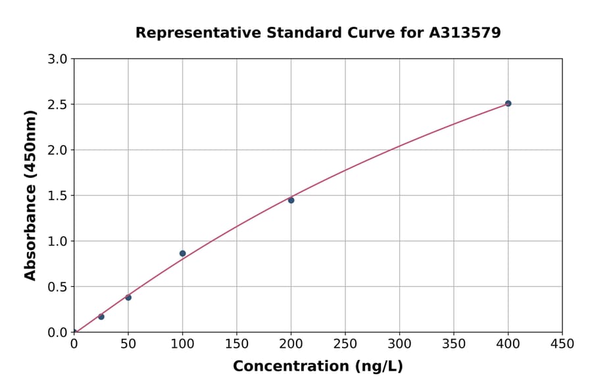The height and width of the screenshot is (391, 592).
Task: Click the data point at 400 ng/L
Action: coord(508,103)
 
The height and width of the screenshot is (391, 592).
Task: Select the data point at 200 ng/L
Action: coord(291,200)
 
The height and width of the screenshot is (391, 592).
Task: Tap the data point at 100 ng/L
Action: coord(182,253)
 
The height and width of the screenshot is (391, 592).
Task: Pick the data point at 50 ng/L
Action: coord(128,298)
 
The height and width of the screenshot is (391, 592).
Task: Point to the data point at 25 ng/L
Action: coord(101,317)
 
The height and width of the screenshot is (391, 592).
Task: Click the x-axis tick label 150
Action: coord(237,344)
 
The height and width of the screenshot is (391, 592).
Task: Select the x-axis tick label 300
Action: coord(399,344)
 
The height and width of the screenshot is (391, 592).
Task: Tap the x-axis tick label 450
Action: coord(562,344)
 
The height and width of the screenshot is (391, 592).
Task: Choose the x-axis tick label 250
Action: coord(345,344)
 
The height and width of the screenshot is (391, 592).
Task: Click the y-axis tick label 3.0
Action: coord(59,59)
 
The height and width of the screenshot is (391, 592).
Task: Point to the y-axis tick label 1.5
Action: coord(59,195)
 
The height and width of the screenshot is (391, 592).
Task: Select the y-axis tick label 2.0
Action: coord(59,150)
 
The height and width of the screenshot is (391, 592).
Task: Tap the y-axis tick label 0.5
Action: coord(59,287)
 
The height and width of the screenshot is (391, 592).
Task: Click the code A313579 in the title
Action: coord(465,32)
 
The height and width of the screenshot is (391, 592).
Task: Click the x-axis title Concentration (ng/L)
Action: coord(318,367)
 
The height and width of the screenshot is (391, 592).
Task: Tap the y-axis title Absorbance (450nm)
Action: coord(30,195)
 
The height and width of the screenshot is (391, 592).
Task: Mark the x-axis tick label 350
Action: coord(454,344)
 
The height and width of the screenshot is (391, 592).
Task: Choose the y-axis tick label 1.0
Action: coord(59,241)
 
